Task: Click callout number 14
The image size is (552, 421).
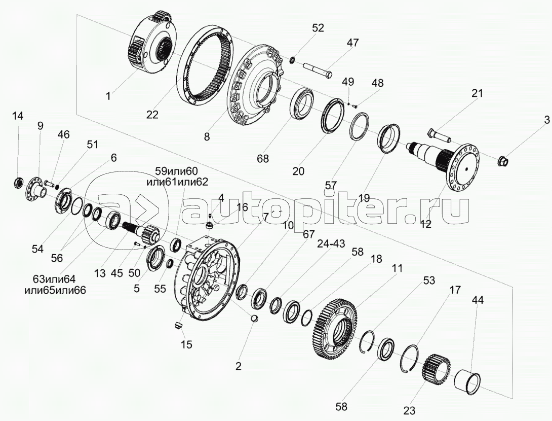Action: pos(18,116)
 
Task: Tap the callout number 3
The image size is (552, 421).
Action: pos(546,120)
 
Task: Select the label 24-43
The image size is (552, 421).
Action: pos(331,243)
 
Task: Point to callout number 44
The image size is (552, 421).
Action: pos(478,300)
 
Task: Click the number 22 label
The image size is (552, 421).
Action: pos(153,115)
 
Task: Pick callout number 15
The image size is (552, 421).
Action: pos(187,344)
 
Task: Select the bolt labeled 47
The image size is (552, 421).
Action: pos(317,70)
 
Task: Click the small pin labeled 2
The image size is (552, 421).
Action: pos(254,319)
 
